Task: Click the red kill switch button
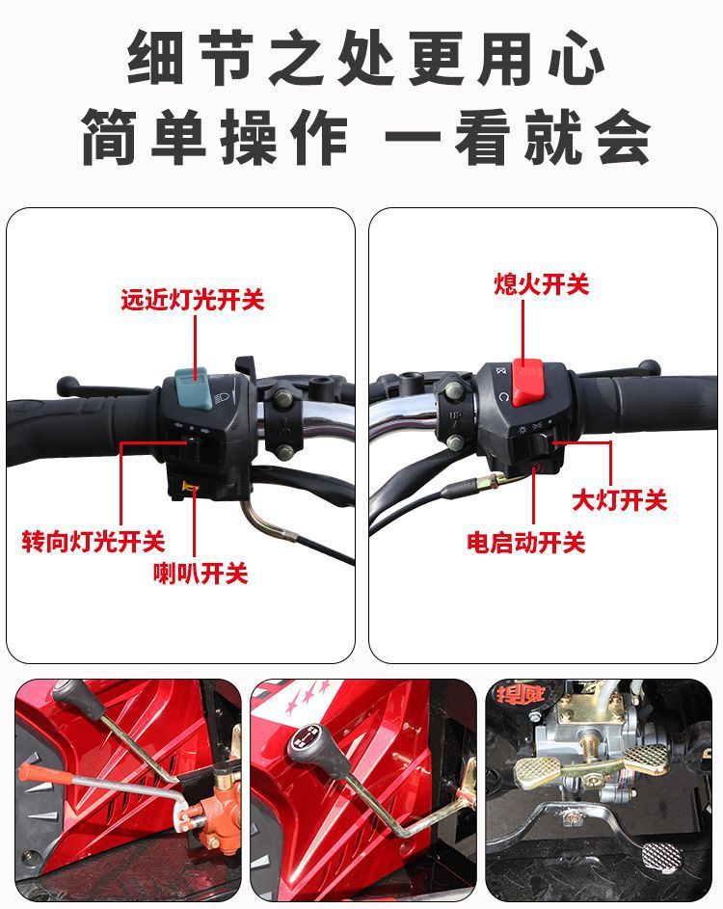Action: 527,382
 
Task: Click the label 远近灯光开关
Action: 193,300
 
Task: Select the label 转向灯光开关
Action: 94,542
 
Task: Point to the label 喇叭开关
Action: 201,574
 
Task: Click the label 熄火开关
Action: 542,284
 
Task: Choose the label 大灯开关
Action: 620,499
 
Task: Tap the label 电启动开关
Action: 526,543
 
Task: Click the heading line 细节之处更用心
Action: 366,58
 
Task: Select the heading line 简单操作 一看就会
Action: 366,138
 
